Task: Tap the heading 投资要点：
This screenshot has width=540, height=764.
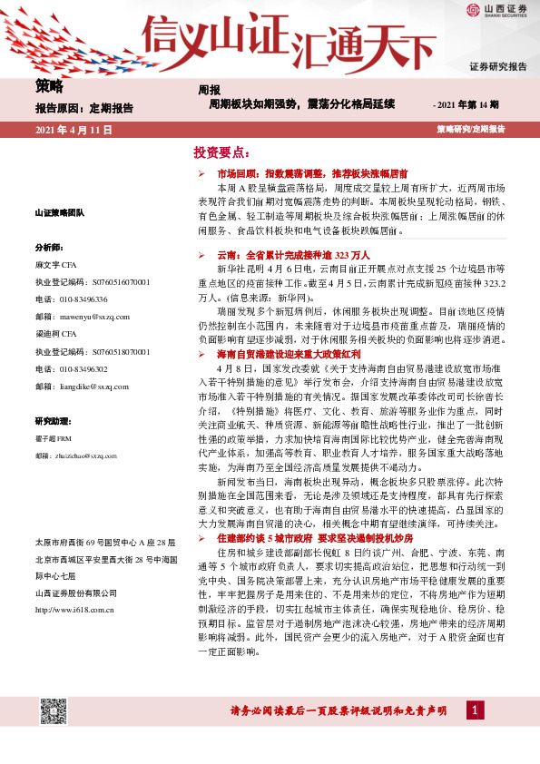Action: [x=221, y=152]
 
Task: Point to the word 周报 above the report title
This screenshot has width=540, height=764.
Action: [x=209, y=90]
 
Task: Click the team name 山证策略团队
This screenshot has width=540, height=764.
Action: [x=60, y=212]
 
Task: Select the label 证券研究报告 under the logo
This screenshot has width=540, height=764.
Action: [x=497, y=66]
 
